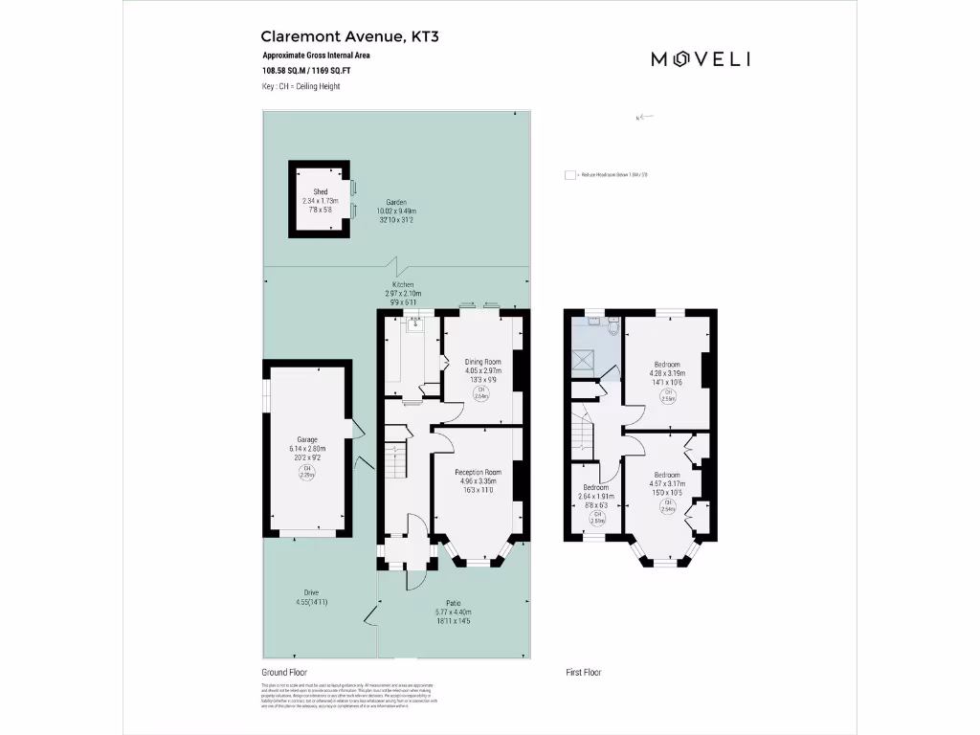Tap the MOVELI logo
point(701,59)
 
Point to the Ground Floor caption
point(284,673)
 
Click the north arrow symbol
point(642,117)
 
